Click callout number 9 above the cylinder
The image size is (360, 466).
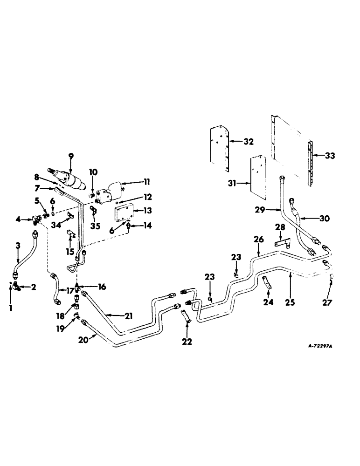click(71, 157)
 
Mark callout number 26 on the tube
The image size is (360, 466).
click(259, 239)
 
